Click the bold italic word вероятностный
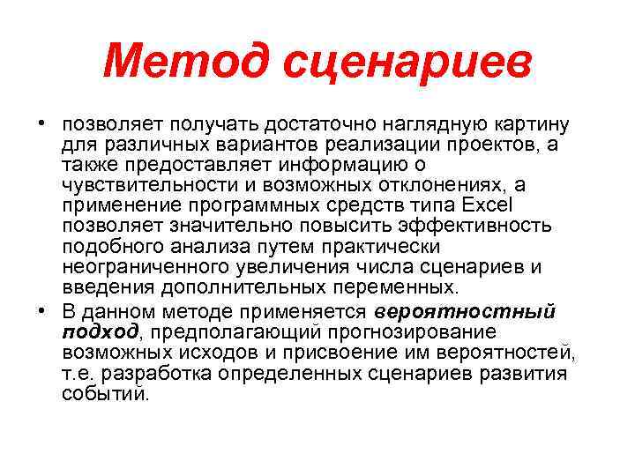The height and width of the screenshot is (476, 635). click(x=465, y=310)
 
